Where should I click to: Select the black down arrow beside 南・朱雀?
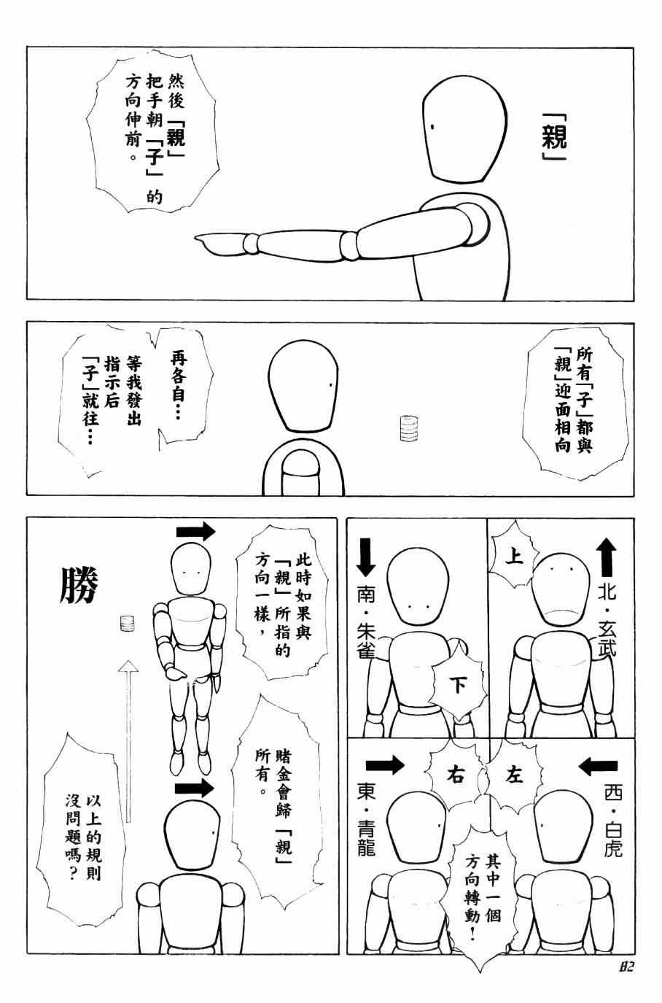[x=366, y=557]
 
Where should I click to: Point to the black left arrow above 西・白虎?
[x=598, y=766]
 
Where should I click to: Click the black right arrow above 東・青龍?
[x=385, y=765]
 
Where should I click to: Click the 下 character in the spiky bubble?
[x=457, y=684]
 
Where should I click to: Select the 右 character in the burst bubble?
[x=455, y=775]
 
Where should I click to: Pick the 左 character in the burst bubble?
[x=514, y=774]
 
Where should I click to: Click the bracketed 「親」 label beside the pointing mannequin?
[x=554, y=142]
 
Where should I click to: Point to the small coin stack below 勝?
[x=128, y=624]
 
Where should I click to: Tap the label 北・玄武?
[x=607, y=619]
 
